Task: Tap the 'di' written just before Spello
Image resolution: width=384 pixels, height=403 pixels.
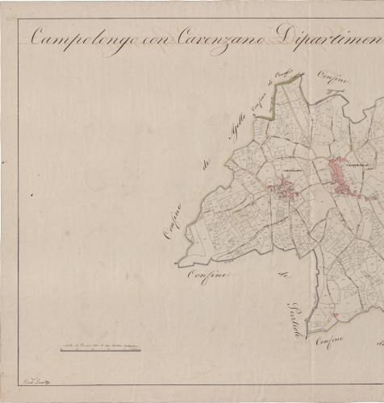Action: tap(207, 165)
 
